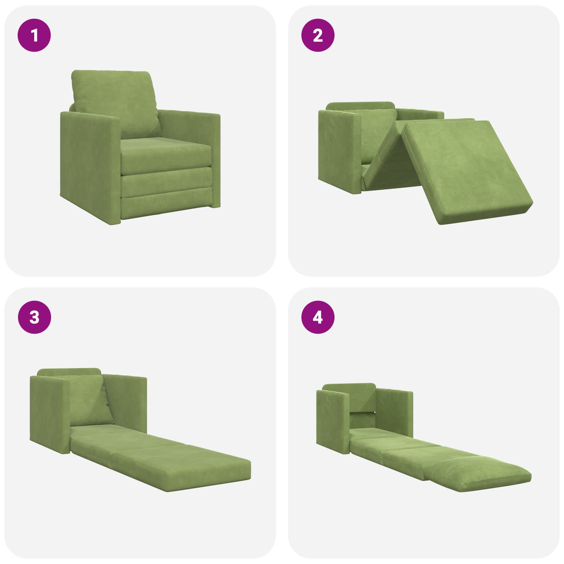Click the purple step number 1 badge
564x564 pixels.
point(34,36)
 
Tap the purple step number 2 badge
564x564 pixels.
point(318,36)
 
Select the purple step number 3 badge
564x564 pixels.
point(34,318)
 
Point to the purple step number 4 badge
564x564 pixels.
point(318,318)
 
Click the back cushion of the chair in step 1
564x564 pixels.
point(115,104)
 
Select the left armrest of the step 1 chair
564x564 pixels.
point(90,166)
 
